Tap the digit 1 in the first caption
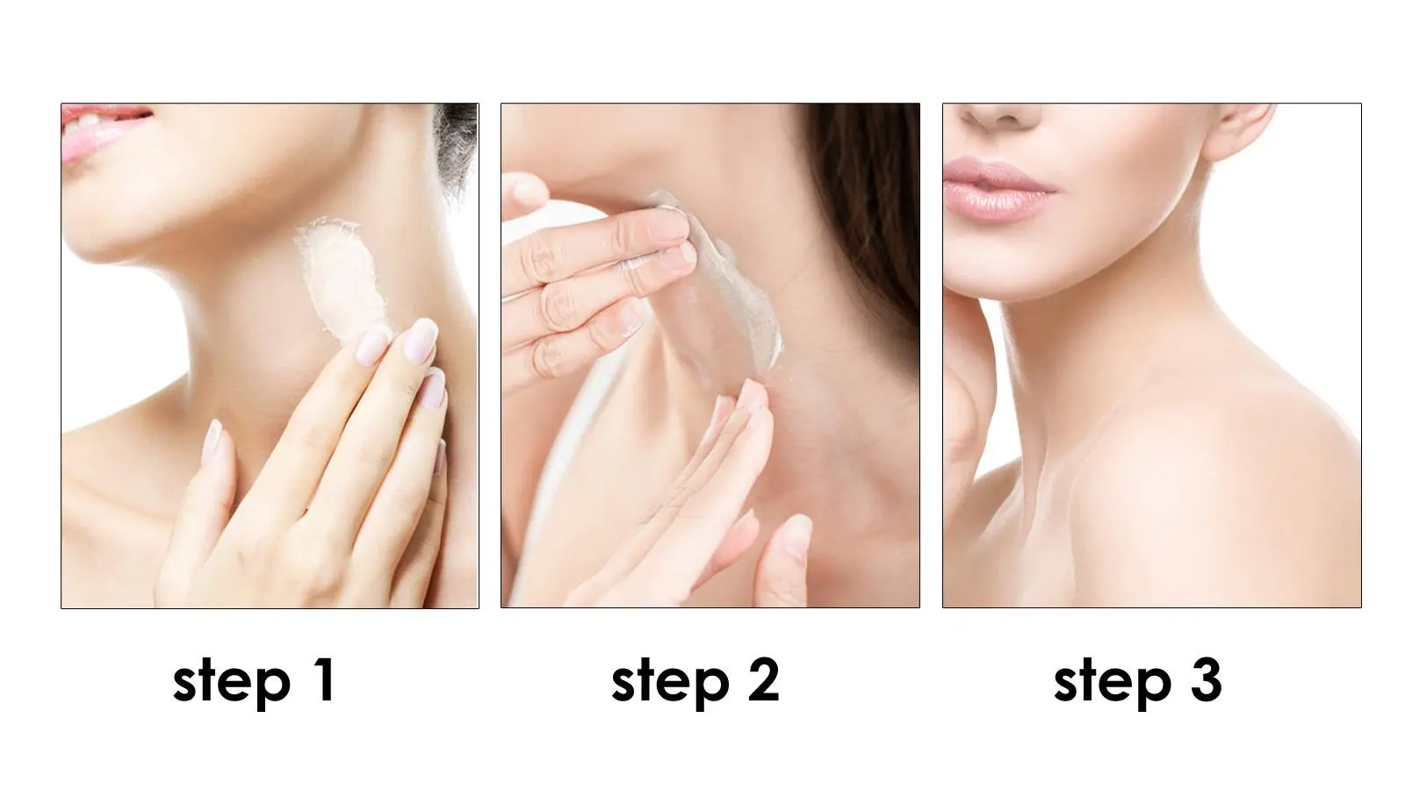(326, 679)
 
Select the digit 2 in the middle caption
(763, 679)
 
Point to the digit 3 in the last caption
(1207, 679)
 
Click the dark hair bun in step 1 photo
(456, 144)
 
